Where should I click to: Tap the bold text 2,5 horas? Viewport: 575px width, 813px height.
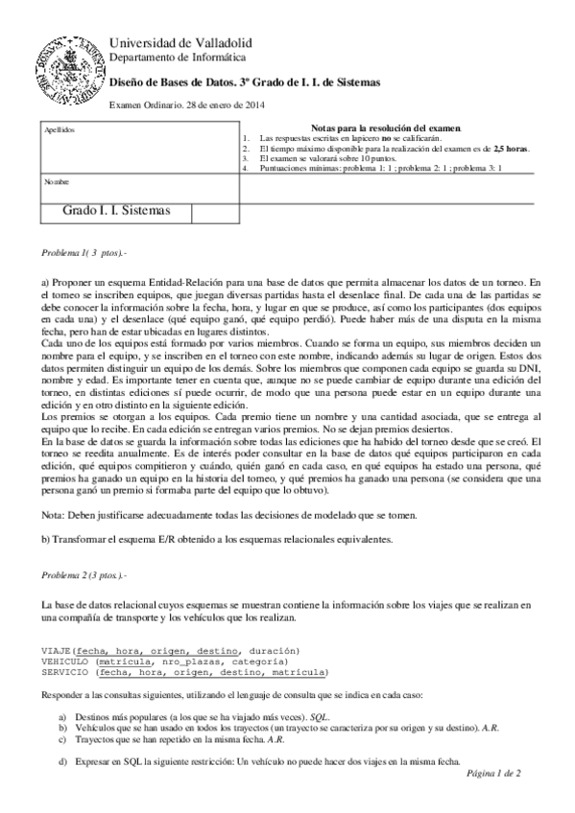[511, 149]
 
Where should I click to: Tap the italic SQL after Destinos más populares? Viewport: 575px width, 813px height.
[324, 717]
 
